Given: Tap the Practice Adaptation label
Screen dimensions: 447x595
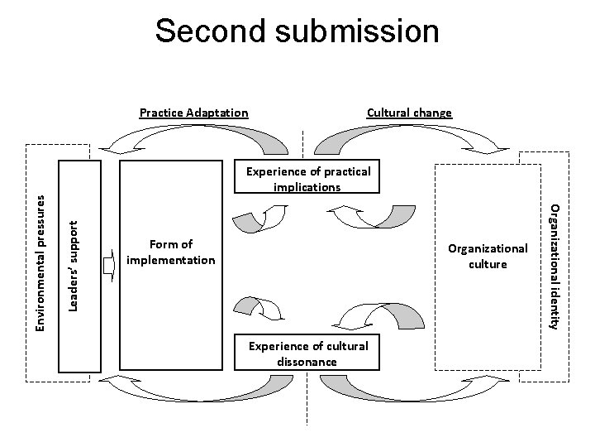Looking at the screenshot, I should click(193, 113).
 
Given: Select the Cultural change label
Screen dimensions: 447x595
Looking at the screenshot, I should click(409, 113).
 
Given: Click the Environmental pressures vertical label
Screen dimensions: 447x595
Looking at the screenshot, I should click(40, 260).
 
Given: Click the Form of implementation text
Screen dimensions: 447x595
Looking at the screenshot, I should click(171, 252).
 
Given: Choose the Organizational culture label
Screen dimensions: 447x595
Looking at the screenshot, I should click(487, 256).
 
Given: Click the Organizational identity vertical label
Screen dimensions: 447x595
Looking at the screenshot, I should click(555, 265).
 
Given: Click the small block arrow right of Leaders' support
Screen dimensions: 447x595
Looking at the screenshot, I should click(108, 267).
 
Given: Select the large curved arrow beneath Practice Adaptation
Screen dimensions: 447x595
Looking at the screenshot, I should click(195, 137).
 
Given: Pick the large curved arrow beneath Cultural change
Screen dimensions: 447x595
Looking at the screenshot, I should click(412, 137).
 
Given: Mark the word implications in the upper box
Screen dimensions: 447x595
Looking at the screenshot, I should click(306, 187).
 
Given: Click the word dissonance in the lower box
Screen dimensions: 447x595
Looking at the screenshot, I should click(307, 362).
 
